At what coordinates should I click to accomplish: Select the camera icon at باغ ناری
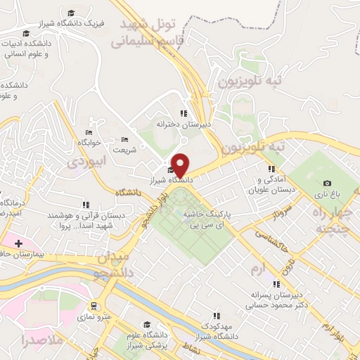point(326,184)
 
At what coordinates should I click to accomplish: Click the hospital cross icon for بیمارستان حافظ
point(18,242)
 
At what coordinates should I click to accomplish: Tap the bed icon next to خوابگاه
point(89,132)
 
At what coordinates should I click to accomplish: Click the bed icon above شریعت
point(125,139)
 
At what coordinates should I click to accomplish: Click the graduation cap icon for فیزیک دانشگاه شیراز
point(71,13)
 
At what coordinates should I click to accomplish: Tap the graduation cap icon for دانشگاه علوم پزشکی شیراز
point(148,325)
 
